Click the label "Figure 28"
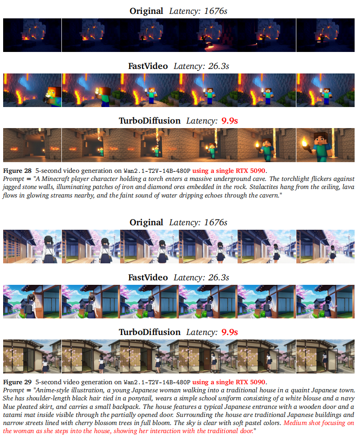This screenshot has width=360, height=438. (17, 171)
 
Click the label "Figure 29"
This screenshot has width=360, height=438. (17, 382)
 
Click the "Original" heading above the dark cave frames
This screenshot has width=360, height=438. (146, 11)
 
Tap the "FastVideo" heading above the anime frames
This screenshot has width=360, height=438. (148, 277)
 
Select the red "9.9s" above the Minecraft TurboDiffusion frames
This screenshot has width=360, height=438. (230, 120)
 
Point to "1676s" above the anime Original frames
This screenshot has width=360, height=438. (216, 222)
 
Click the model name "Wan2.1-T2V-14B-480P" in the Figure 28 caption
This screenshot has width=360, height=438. (157, 171)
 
